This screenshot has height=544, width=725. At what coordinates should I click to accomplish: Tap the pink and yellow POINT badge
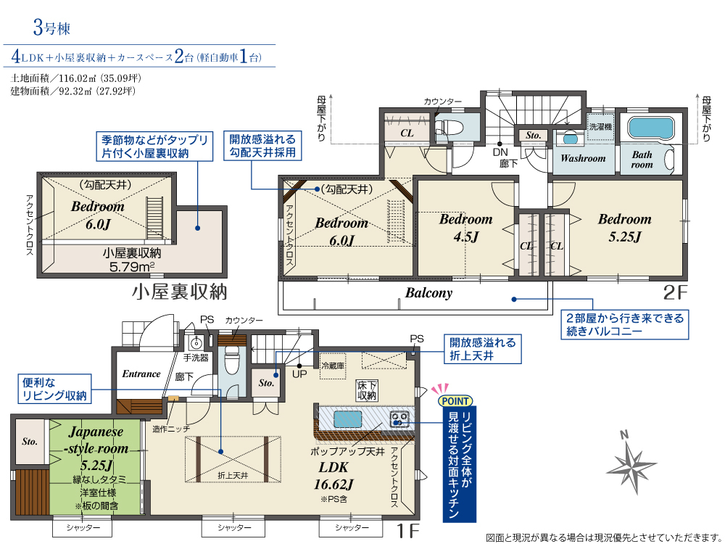point(455,400)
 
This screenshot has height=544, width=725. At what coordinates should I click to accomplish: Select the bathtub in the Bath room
point(651,128)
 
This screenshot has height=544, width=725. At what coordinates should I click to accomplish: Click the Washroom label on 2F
point(583,158)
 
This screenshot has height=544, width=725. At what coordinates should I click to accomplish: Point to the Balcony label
point(428,293)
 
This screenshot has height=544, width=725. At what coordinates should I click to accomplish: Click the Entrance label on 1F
point(141,374)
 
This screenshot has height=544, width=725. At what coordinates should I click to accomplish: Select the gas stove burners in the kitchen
point(399,419)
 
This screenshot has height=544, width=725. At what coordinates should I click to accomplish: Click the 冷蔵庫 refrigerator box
point(333,366)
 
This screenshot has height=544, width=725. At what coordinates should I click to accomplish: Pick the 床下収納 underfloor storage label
point(367,390)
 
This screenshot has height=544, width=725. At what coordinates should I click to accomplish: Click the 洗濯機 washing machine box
point(600,127)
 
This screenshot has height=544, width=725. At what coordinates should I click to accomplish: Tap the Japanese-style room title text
point(96,440)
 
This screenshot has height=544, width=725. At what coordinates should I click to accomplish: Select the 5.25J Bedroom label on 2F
point(625,228)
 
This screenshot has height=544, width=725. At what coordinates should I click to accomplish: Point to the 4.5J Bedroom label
point(465,228)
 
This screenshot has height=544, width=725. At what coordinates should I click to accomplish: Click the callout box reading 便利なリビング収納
point(54,389)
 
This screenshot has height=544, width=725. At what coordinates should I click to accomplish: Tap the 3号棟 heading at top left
point(51,28)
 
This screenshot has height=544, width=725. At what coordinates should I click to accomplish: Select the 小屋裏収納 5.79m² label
point(132,260)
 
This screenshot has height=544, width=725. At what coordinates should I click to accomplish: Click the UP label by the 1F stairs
point(299,374)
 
